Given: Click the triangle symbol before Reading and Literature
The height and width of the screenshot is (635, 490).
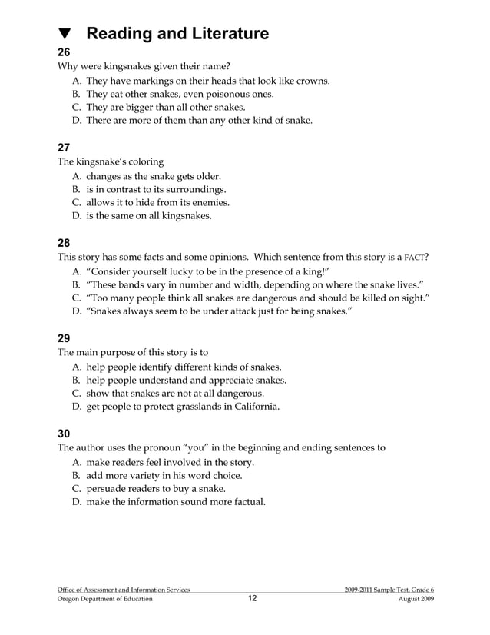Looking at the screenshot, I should tap(65, 35).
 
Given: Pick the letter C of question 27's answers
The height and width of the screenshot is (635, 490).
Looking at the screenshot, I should tap(77, 202).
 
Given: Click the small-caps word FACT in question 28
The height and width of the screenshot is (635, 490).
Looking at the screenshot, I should tap(414, 257).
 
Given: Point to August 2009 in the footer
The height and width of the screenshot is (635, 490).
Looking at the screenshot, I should tap(416, 599).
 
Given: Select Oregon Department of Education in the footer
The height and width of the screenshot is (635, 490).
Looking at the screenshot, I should tap(105, 599).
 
